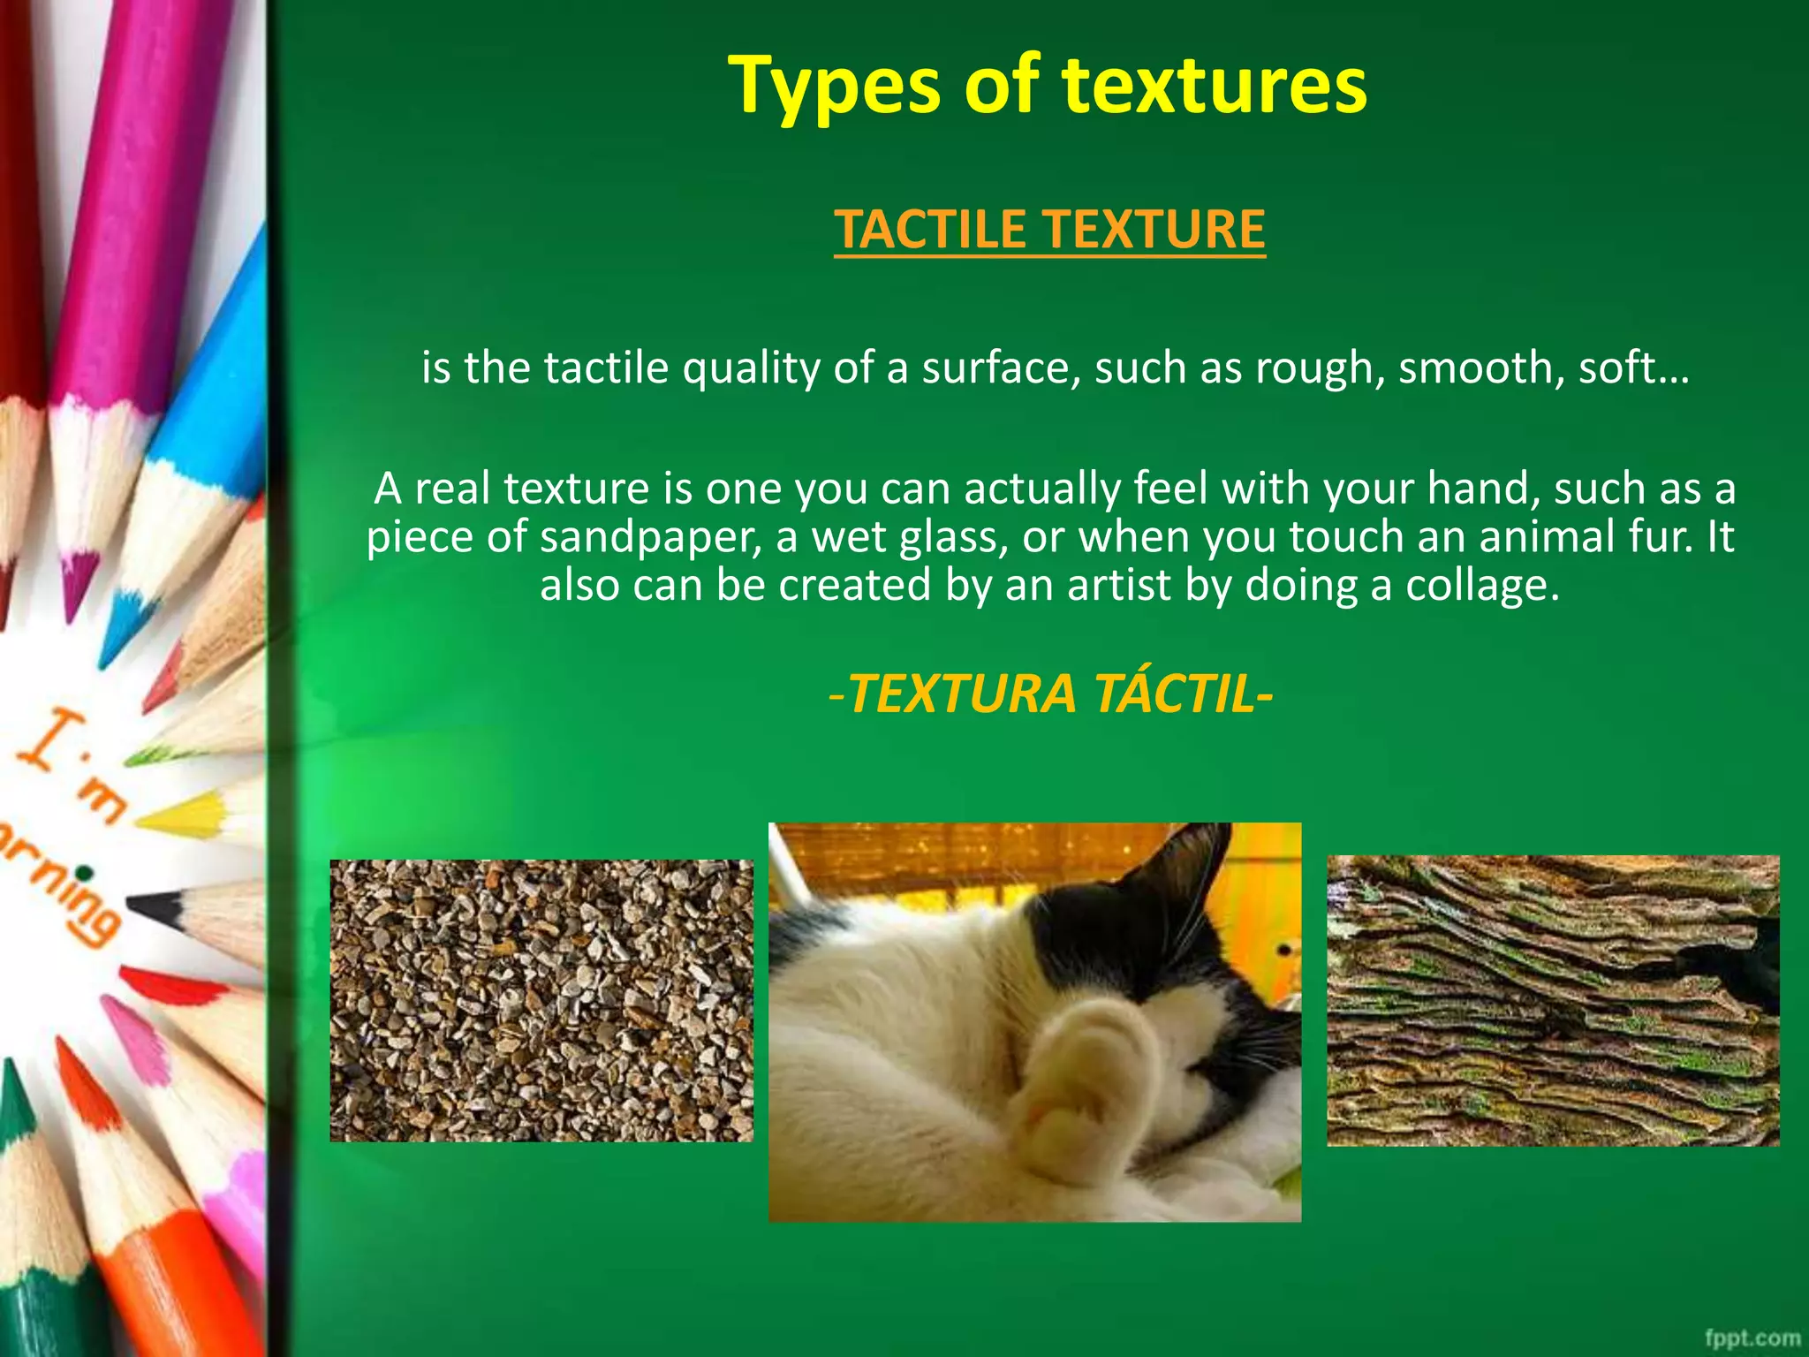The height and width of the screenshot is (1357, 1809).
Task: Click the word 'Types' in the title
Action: pos(834,86)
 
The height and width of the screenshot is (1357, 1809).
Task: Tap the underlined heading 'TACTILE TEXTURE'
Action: pos(1049,230)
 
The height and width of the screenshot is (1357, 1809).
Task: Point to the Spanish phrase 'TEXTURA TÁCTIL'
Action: pos(1051,694)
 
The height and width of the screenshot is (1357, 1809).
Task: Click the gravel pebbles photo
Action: pos(541,1000)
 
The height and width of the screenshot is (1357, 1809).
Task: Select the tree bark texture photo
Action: pos(1553,1000)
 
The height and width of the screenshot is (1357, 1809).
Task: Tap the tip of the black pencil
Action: pos(141,905)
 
